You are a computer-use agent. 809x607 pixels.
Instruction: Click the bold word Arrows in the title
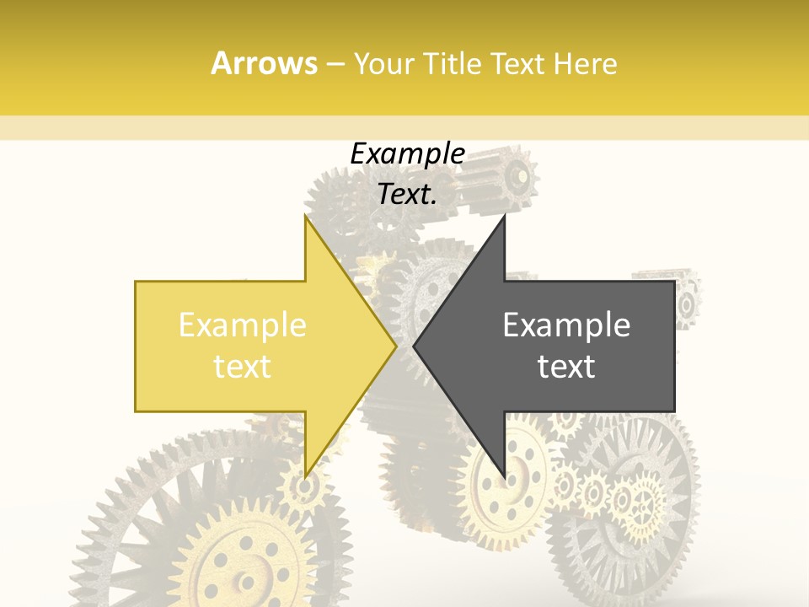coord(265,63)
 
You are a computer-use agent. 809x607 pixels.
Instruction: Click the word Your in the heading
coord(383,63)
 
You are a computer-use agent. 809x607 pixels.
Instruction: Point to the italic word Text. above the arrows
coord(407,194)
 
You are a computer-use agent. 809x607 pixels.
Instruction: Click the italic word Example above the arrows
coord(407,154)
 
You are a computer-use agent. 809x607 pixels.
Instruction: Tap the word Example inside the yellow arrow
coord(243,325)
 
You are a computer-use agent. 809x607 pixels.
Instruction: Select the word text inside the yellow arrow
coord(243,366)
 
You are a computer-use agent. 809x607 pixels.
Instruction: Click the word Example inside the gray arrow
coord(566,325)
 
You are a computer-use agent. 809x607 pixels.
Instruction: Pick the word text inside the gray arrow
coord(566,366)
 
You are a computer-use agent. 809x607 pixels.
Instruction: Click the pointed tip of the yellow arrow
coord(396,346)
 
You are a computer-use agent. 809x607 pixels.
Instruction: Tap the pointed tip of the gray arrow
coord(414,346)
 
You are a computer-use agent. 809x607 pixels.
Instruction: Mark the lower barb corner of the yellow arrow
coord(304,477)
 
